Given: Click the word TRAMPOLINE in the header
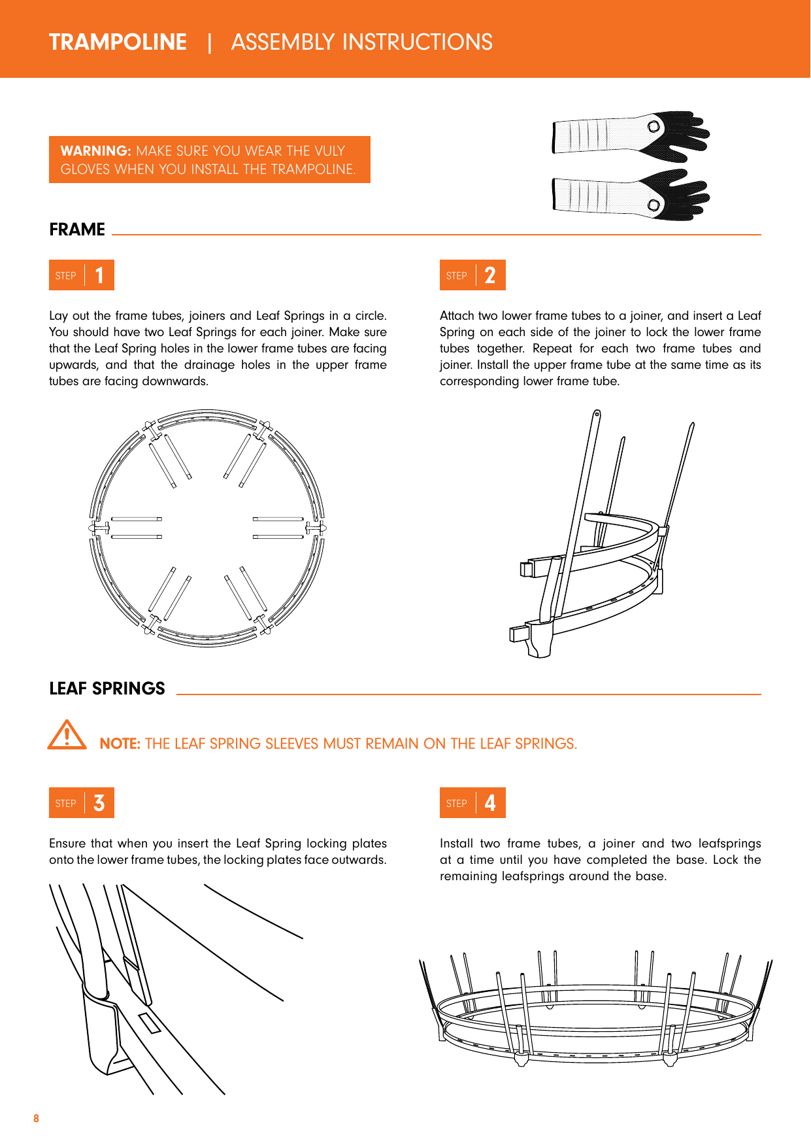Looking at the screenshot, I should coord(118,43).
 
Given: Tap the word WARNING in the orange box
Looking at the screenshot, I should coord(95,151).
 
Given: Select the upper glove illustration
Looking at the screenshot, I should coord(631,135).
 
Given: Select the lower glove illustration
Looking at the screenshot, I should coord(631,195).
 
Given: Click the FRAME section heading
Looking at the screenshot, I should coord(77,230).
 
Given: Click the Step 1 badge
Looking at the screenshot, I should coord(82,275).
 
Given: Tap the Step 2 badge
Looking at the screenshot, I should coord(472,275).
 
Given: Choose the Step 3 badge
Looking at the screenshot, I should coord(82,803).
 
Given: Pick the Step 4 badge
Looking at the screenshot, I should coord(472,803).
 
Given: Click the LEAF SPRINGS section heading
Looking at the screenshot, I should coord(107,689).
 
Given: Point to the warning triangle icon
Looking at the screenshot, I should coord(67,736).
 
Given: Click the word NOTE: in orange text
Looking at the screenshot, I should coord(120,744).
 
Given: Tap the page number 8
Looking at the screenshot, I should coord(36,1119).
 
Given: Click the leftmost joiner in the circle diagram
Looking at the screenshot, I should coord(99,527).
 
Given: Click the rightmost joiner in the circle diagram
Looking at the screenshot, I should coord(316,527).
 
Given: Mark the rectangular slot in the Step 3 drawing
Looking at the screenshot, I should coord(150,1023).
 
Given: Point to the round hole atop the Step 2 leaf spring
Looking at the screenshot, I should coord(597,413).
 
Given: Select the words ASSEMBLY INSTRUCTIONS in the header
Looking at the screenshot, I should coord(361,43).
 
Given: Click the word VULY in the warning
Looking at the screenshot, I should coord(329,151).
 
